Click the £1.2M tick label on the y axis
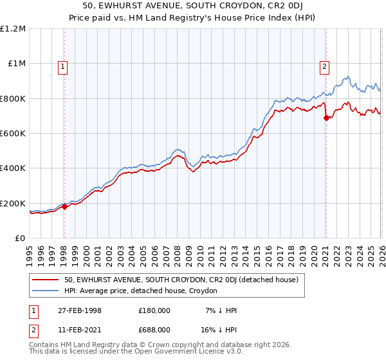pyautogui.click(x=13, y=29)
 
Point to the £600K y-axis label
pyautogui.click(x=13, y=134)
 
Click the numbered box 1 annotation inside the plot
pyautogui.click(x=63, y=66)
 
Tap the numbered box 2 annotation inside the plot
pyautogui.click(x=325, y=66)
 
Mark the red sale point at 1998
pyautogui.click(x=64, y=207)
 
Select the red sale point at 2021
pyautogui.click(x=326, y=118)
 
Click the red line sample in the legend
pyautogui.click(x=46, y=280)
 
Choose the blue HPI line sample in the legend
pyautogui.click(x=46, y=291)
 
